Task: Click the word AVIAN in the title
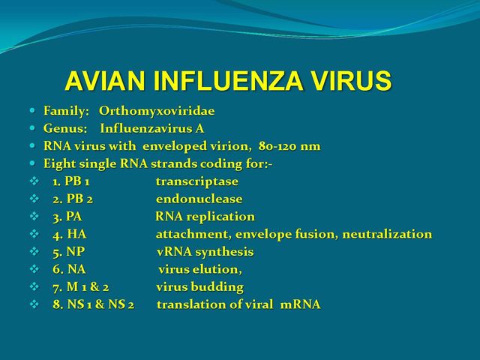click(x=105, y=81)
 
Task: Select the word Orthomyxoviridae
click(x=157, y=111)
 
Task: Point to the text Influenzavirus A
click(x=152, y=128)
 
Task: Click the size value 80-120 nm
click(x=289, y=146)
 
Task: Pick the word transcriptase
click(x=197, y=181)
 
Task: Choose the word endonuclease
click(x=199, y=199)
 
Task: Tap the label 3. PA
click(x=67, y=217)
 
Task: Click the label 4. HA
click(x=70, y=234)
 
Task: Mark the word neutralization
click(x=387, y=234)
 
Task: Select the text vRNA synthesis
click(x=205, y=252)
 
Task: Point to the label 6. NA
click(x=69, y=269)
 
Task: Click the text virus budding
click(x=200, y=287)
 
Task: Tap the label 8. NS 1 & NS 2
click(x=93, y=304)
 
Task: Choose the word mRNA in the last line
click(x=300, y=304)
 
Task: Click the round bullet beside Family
click(x=33, y=110)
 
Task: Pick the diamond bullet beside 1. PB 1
click(x=34, y=181)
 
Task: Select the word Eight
click(x=60, y=164)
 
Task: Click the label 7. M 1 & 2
click(x=81, y=287)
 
